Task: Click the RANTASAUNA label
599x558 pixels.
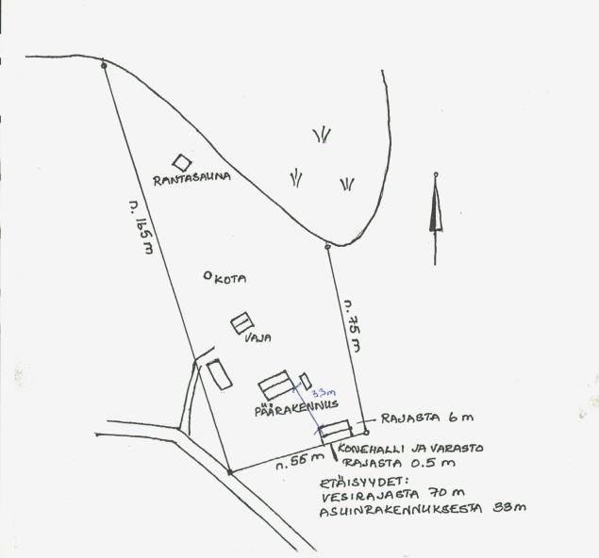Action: point(191,177)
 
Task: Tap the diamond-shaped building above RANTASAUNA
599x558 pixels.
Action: point(181,162)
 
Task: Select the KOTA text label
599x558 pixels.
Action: point(231,279)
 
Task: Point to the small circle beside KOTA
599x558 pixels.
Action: point(208,275)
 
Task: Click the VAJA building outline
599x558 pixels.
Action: point(242,322)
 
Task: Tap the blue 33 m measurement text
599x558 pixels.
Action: point(323,393)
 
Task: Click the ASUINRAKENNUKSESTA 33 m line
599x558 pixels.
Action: point(422,509)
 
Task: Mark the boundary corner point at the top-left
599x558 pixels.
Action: point(104,65)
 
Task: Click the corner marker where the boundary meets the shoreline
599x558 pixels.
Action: point(327,247)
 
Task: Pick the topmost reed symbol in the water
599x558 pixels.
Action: point(322,135)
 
